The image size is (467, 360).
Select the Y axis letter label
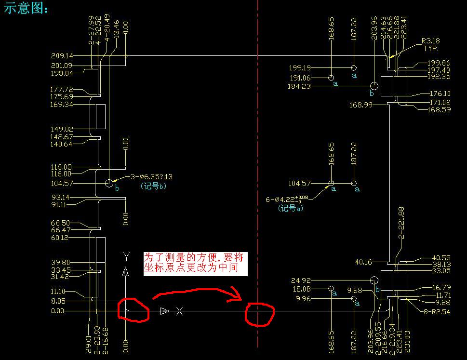point(126,255)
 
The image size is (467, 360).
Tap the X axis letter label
point(179,311)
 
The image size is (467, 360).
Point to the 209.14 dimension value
point(62,56)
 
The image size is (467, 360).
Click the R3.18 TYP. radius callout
point(430,45)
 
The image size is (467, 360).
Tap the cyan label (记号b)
point(153,186)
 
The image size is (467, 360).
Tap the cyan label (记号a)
point(290,209)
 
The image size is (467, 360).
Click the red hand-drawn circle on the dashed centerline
point(259,314)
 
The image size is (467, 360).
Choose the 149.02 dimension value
point(62,129)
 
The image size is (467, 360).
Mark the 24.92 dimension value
point(302,280)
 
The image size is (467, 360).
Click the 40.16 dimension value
point(363,262)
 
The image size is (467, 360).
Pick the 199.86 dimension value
point(439,63)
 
